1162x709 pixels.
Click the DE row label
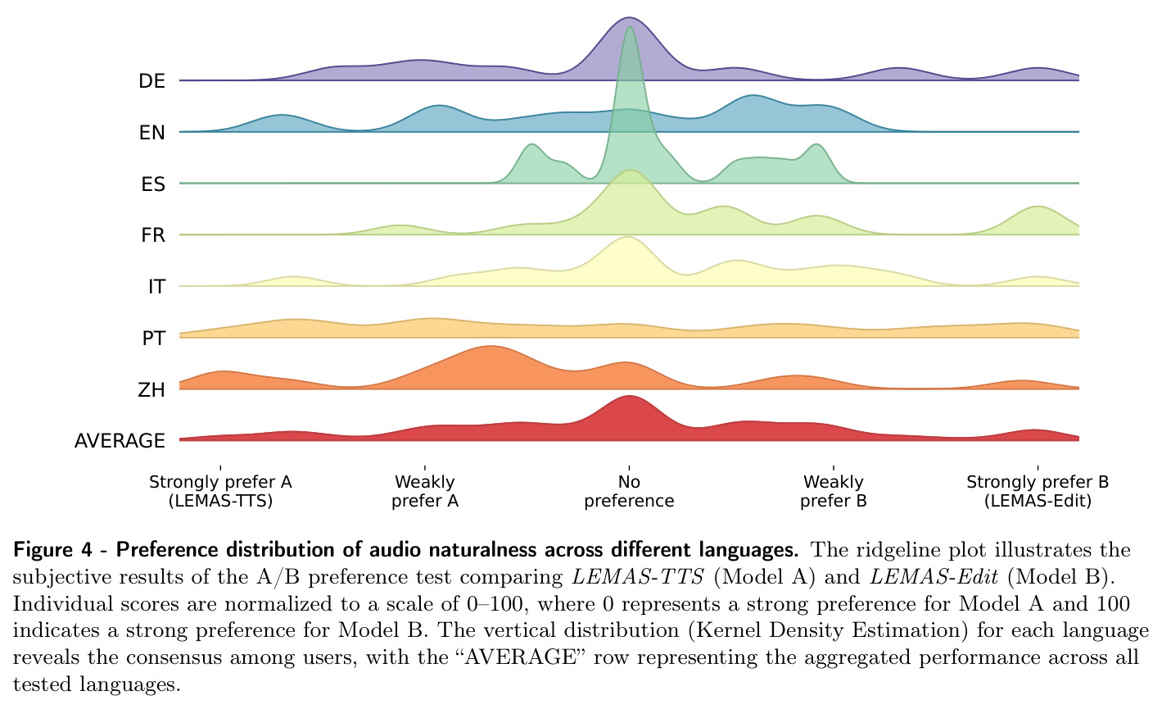pos(151,81)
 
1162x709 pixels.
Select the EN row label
pos(151,133)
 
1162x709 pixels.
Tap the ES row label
pos(153,184)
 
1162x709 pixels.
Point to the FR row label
pos(153,235)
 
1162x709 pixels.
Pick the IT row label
pos(156,287)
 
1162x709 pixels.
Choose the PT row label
pos(154,339)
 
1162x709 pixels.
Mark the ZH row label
pos(151,389)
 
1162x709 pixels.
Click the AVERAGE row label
pos(120,441)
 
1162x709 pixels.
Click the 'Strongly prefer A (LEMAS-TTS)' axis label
pos(220,491)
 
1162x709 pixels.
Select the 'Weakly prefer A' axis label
pos(425,491)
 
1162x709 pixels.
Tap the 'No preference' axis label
pos(629,491)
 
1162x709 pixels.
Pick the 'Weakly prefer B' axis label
pos(834,491)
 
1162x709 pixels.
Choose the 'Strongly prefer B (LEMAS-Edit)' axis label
pos(1038,491)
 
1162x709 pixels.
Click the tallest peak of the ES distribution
pos(630,27)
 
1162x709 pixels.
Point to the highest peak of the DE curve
pos(629,18)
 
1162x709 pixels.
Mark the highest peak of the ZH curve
pos(490,346)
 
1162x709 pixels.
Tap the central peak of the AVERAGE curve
pos(629,396)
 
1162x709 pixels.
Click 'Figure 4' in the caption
pos(52,550)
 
